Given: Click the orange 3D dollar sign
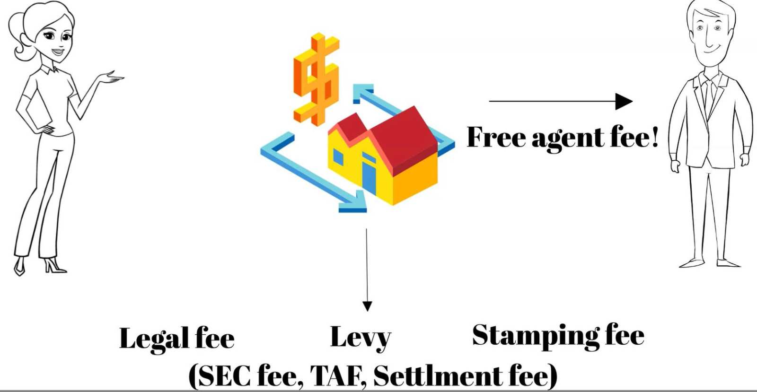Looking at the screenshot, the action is click(x=317, y=79).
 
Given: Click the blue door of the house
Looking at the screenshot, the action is click(x=369, y=178).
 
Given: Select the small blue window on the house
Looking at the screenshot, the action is click(x=338, y=157).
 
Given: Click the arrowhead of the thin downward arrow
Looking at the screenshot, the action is click(x=367, y=306).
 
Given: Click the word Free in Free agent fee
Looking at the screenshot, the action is click(x=496, y=137).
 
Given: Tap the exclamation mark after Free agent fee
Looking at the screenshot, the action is click(x=654, y=137).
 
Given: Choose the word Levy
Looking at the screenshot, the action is click(x=361, y=338).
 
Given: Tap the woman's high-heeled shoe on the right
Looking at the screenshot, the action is click(x=54, y=265).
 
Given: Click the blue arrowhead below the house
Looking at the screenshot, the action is click(x=354, y=202).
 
